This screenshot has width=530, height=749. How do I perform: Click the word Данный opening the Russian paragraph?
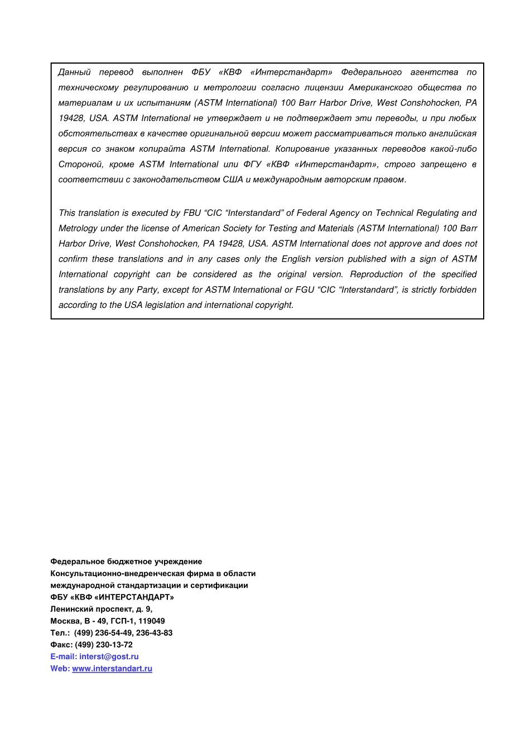[74, 73]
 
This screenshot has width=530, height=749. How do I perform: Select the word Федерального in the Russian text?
[371, 73]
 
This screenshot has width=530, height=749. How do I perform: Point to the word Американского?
[380, 88]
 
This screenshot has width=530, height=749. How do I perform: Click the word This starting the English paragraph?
[67, 213]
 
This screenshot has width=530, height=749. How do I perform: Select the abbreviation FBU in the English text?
[192, 213]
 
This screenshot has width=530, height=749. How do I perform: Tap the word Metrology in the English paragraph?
[78, 229]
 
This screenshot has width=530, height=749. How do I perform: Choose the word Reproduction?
[376, 274]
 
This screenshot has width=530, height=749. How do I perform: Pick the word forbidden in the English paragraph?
[458, 290]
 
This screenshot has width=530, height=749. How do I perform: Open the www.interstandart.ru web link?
[112, 669]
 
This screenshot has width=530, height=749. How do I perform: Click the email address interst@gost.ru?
[109, 657]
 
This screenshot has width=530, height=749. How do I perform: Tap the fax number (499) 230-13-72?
[104, 645]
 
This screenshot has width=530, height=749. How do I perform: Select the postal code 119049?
[151, 621]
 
